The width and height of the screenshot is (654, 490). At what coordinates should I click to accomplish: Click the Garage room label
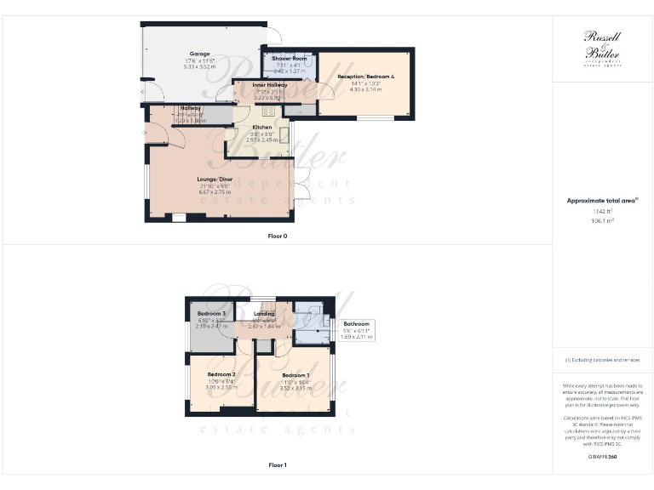[x=176, y=53]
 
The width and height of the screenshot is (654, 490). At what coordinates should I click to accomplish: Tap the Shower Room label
[x=289, y=58]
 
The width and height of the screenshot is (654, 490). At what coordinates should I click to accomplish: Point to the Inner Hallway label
[x=270, y=85]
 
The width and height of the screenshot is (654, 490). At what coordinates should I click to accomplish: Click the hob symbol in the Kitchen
[x=268, y=111]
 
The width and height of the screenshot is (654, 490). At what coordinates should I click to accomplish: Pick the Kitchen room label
[x=261, y=128]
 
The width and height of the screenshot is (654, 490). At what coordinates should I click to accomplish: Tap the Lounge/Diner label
[x=215, y=179]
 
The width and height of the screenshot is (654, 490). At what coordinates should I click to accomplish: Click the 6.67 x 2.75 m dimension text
[x=215, y=192]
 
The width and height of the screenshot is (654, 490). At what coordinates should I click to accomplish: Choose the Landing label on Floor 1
[x=264, y=314]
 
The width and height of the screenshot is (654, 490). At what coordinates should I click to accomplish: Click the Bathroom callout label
[x=356, y=324]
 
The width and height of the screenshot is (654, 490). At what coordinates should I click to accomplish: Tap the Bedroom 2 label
[x=221, y=374]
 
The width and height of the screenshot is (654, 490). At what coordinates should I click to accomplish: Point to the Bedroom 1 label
[x=295, y=375]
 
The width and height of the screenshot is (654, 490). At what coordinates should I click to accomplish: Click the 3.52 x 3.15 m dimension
[x=295, y=388]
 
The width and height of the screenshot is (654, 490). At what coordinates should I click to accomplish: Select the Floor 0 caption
[x=277, y=236]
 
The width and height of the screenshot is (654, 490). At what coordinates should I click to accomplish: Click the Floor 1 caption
[x=277, y=465]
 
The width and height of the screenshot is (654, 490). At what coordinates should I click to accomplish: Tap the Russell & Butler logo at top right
[x=602, y=48]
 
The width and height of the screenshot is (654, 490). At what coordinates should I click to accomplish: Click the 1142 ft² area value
[x=602, y=211]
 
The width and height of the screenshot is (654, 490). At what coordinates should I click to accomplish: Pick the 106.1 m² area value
[x=602, y=219]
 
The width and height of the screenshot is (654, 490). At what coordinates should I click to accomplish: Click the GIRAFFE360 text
[x=602, y=458]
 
